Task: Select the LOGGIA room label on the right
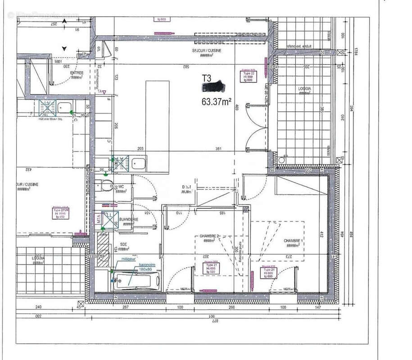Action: click(304, 88)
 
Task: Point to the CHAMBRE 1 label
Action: click(293, 241)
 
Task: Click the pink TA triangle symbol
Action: click(104, 92)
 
